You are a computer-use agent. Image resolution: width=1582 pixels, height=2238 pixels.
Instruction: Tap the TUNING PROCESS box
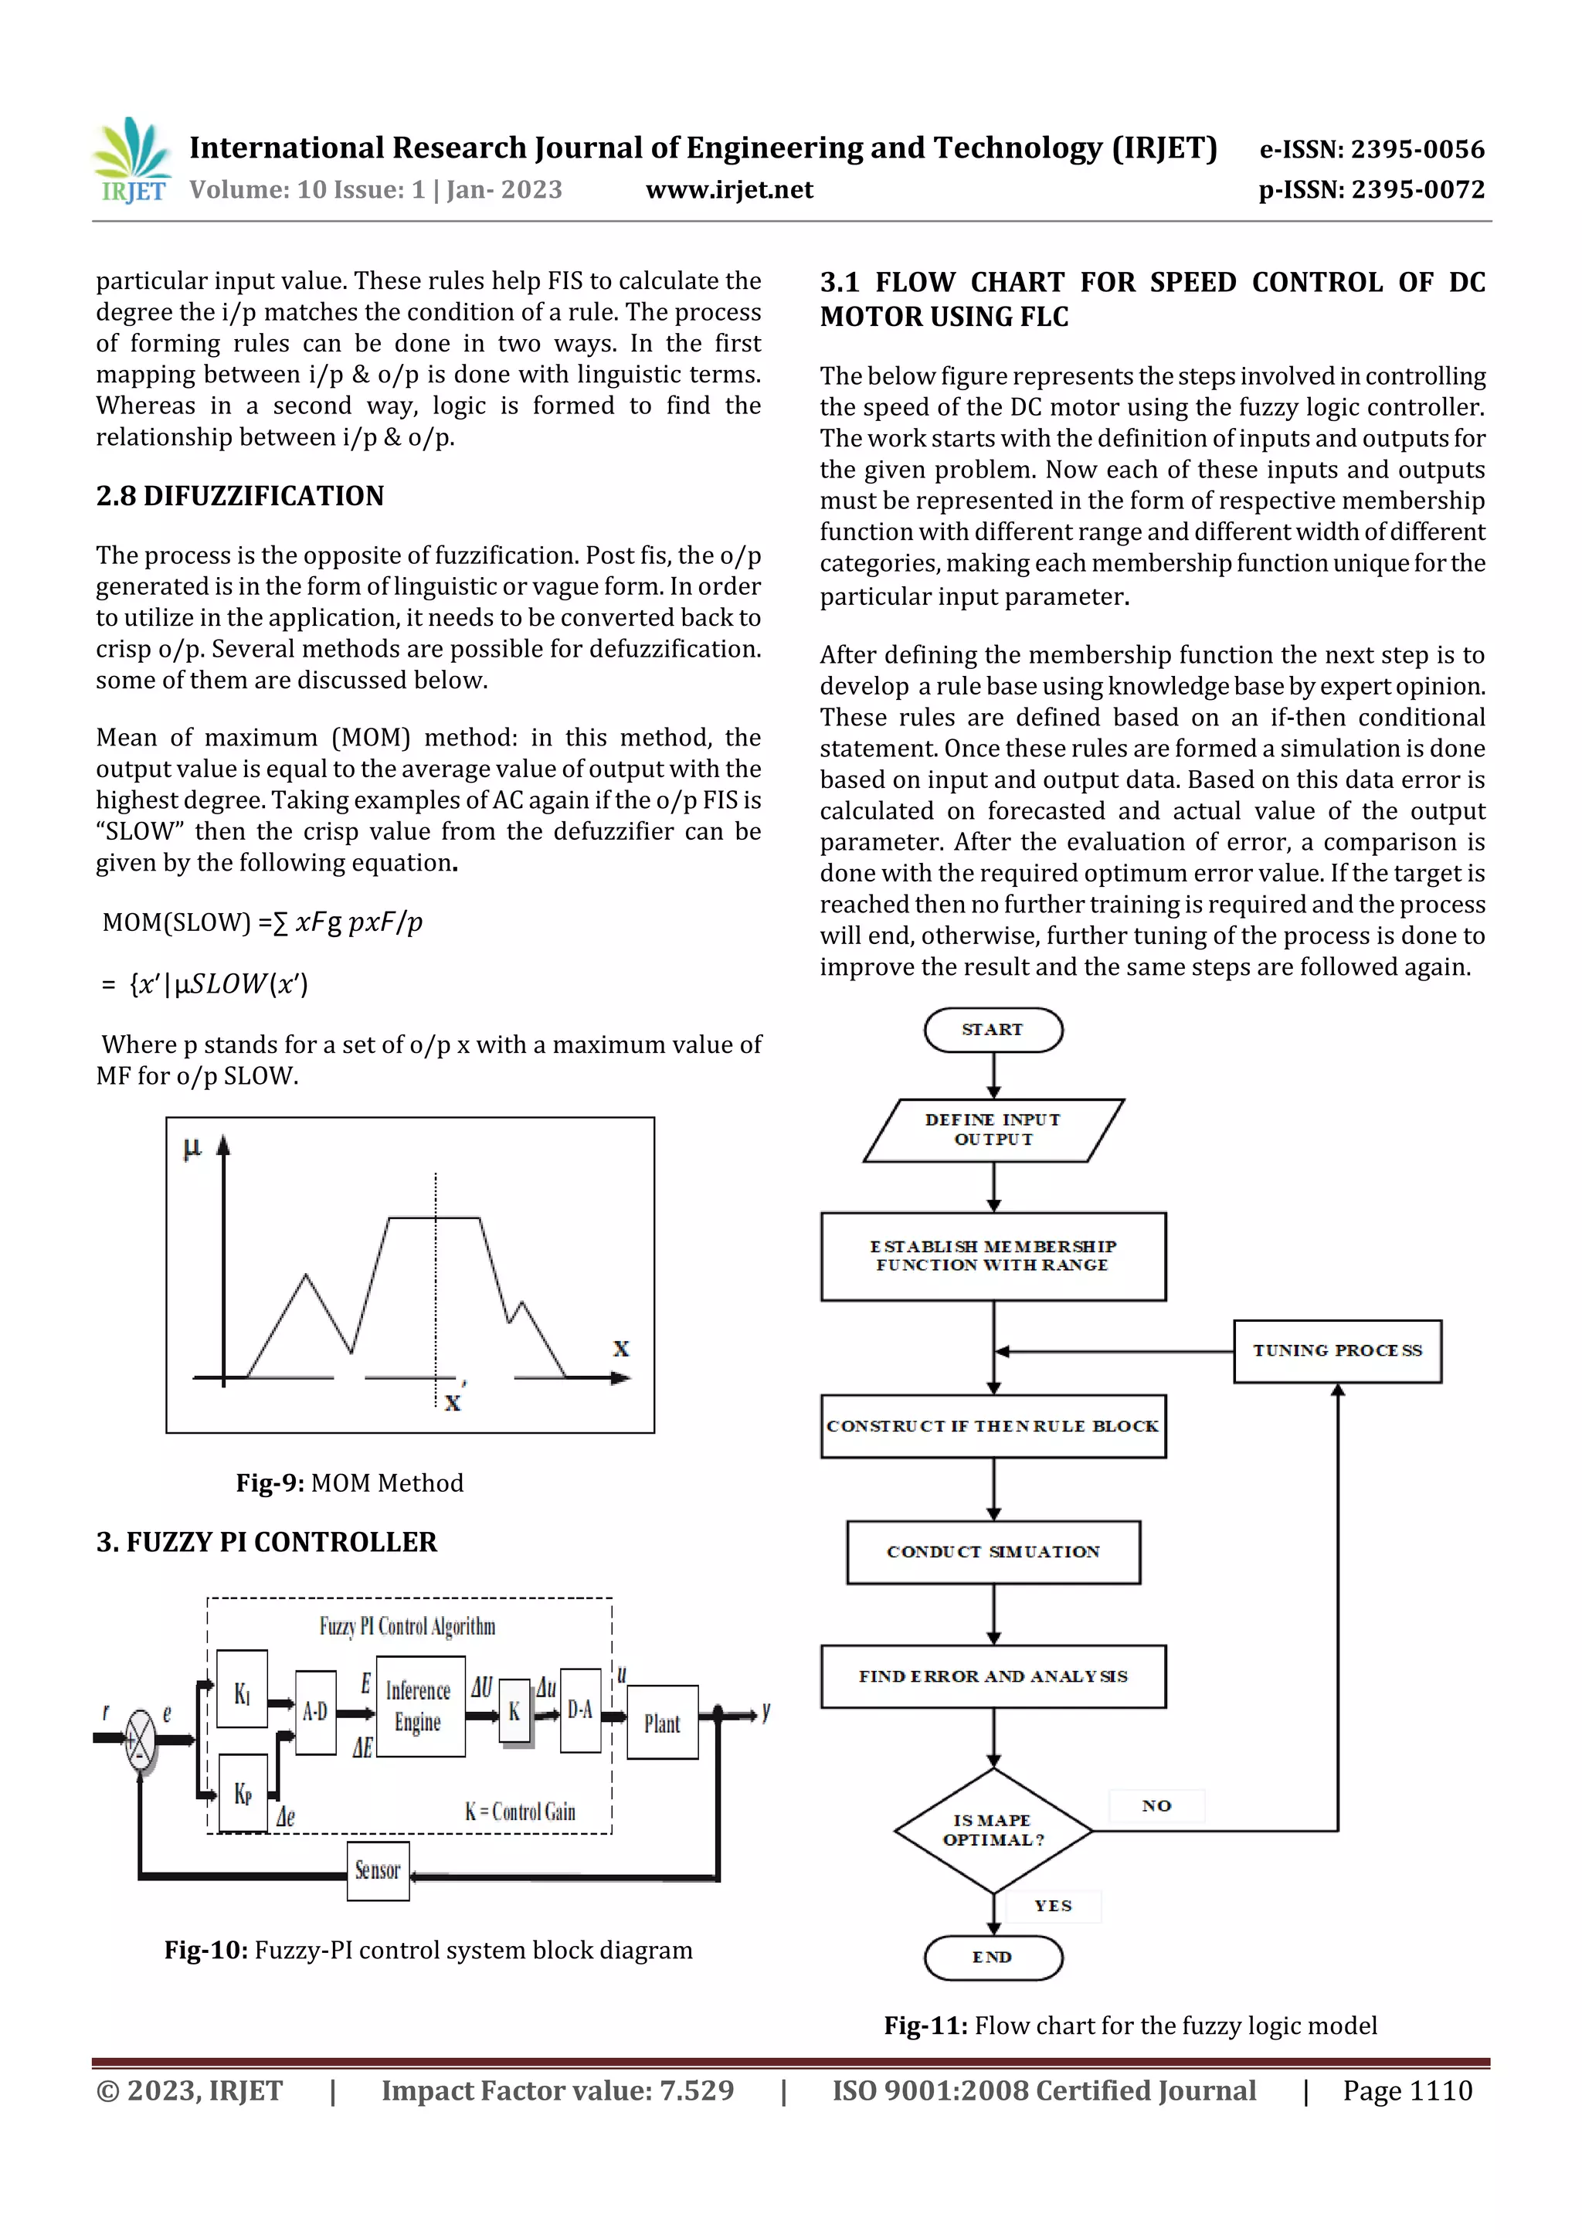point(1336,1350)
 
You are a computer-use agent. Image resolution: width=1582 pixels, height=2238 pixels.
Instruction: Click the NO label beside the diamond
point(1156,1805)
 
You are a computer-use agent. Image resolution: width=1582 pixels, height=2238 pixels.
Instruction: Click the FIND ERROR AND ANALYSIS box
point(993,1676)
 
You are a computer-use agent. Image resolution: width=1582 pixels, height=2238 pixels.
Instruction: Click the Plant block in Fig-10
point(662,1723)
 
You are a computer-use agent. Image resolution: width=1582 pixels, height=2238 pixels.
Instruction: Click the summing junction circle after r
point(141,1738)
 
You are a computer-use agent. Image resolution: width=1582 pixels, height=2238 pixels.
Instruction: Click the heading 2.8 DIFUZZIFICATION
point(239,496)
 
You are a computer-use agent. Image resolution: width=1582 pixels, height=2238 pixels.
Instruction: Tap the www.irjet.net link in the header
point(728,190)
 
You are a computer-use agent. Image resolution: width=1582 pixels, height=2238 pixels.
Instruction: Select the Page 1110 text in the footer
point(1407,2090)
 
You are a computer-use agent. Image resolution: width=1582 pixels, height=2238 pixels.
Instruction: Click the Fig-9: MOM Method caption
point(349,1482)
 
